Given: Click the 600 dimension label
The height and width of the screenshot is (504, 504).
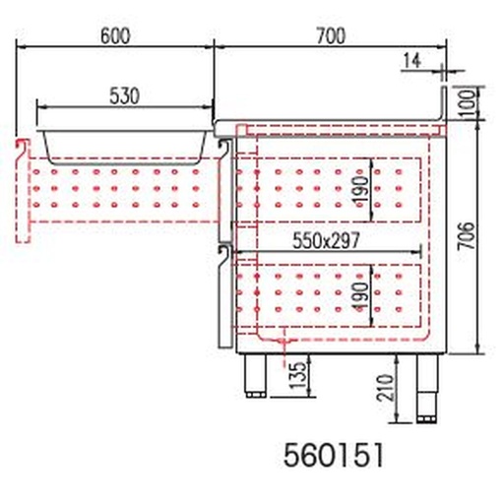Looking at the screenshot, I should [x=115, y=35].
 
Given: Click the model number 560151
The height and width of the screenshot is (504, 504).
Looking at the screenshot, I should [x=331, y=456].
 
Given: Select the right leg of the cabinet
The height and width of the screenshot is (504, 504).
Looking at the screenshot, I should [x=428, y=387].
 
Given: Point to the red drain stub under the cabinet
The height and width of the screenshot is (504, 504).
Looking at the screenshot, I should [x=284, y=344].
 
